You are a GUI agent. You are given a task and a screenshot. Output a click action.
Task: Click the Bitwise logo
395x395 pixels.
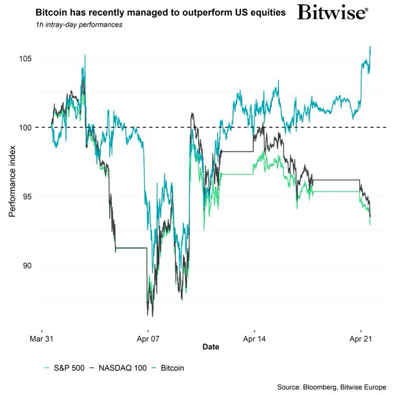coord(332,13)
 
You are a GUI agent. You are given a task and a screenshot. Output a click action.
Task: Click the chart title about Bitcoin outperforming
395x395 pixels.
coord(160,12)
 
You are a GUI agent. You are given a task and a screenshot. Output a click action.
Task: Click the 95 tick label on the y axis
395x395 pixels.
coord(26,196)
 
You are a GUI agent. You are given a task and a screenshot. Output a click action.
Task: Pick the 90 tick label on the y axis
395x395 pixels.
coord(26,265)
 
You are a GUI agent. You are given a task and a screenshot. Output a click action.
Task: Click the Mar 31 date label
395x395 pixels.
coord(41,337)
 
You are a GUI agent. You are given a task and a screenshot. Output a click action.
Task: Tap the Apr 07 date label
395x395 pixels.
coord(148,337)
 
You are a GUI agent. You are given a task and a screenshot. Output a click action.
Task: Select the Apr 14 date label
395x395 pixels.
coord(254,337)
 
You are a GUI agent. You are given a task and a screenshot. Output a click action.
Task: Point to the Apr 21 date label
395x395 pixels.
coord(361,337)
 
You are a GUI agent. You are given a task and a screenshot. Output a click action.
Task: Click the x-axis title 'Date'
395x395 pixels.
coord(211,347)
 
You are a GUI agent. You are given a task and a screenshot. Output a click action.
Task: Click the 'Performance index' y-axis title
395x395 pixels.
coord(12,181)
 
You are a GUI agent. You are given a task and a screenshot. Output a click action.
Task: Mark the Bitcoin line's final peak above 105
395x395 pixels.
coord(370,47)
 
